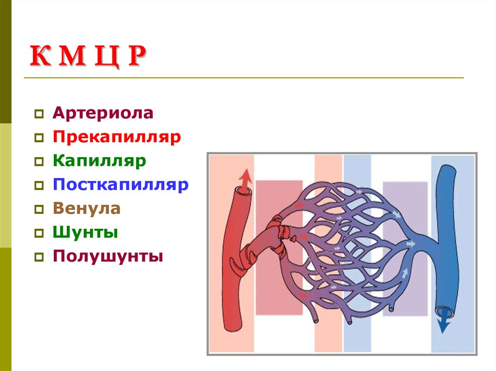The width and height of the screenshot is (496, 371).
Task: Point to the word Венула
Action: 87,208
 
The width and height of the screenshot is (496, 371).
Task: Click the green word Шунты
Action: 86,232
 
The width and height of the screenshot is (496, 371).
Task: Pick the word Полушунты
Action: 108,256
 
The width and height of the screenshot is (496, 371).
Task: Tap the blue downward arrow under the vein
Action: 442,325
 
